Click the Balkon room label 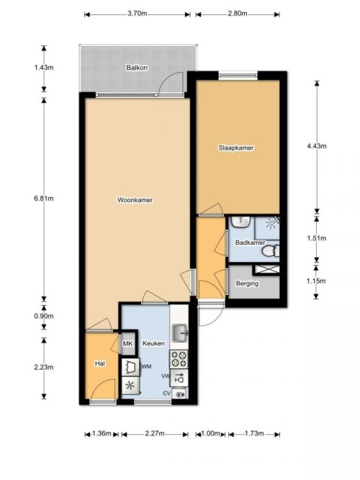tap(137, 68)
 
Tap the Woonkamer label tap(136, 200)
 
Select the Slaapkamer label tap(237, 148)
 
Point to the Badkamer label tap(248, 243)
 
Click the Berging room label tap(247, 284)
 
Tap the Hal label tap(100, 365)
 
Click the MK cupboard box tap(128, 344)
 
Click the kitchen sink tap(180, 333)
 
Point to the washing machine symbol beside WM tap(130, 366)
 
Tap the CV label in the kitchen tap(166, 393)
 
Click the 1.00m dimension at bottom tap(212, 433)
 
